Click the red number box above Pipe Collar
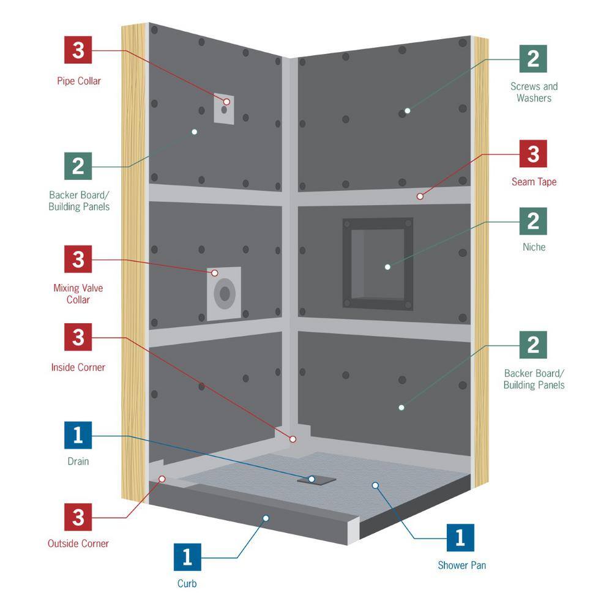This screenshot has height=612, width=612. pyautogui.click(x=78, y=50)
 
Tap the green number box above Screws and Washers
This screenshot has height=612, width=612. pyautogui.click(x=533, y=59)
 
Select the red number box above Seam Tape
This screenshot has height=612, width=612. pyautogui.click(x=533, y=154)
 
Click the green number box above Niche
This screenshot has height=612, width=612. pyautogui.click(x=533, y=220)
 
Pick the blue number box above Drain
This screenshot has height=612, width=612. pyautogui.click(x=78, y=435)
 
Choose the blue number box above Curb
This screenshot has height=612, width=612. pyautogui.click(x=187, y=557)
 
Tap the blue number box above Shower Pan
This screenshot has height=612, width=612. pyautogui.click(x=460, y=538)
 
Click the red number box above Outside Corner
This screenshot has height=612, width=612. pyautogui.click(x=78, y=518)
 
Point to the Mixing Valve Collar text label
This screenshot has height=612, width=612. pyautogui.click(x=78, y=294)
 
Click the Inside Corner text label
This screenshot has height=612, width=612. pyautogui.click(x=78, y=368)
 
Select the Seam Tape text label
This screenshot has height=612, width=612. pyautogui.click(x=534, y=182)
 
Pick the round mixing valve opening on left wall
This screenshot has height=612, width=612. pyautogui.click(x=225, y=294)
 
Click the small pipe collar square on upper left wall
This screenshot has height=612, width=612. pyautogui.click(x=225, y=109)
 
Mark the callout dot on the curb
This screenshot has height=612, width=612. pyautogui.click(x=266, y=518)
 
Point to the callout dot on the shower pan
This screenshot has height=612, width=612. pyautogui.click(x=375, y=485)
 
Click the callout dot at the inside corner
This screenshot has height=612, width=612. pyautogui.click(x=293, y=439)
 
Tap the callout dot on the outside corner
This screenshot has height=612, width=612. pyautogui.click(x=162, y=479)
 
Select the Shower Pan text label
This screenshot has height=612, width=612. pyautogui.click(x=461, y=565)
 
